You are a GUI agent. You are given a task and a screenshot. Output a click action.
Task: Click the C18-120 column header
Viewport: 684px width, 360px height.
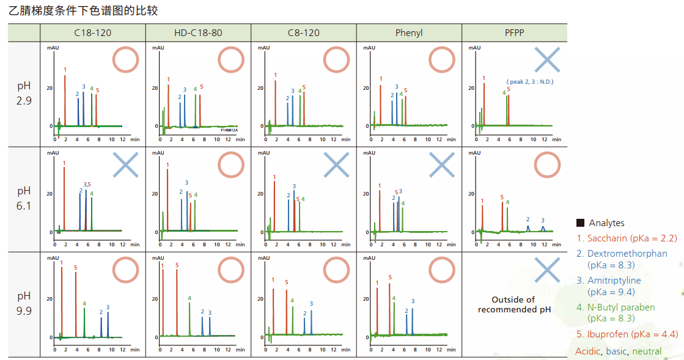[92, 32]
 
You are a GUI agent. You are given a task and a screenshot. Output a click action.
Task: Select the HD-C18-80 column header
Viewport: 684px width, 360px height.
[198, 32]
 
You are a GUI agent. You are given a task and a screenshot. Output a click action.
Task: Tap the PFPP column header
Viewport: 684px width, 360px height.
[514, 32]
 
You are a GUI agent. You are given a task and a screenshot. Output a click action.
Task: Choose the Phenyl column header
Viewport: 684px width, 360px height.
[409, 32]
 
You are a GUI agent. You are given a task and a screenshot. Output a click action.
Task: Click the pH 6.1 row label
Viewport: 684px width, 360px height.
[24, 198]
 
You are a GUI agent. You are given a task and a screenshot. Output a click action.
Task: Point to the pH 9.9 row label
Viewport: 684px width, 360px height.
[24, 303]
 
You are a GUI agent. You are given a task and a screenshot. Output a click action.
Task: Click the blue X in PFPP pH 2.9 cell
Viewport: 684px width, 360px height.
[547, 60]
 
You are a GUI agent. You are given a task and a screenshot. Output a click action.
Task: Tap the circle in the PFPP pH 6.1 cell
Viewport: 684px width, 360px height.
[547, 165]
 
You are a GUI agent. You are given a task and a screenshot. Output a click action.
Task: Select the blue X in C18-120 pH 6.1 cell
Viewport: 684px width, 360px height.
[125, 165]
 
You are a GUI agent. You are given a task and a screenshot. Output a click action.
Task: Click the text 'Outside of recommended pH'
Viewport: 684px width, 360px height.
[514, 304]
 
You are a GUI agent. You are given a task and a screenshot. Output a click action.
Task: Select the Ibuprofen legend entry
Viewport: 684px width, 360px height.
[627, 334]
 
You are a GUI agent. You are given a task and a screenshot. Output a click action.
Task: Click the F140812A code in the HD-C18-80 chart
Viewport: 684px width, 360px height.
[229, 130]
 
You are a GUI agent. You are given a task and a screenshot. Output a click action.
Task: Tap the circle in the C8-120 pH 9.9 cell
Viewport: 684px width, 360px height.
[336, 270]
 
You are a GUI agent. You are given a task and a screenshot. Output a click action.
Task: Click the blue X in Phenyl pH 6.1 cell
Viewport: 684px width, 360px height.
[442, 165]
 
